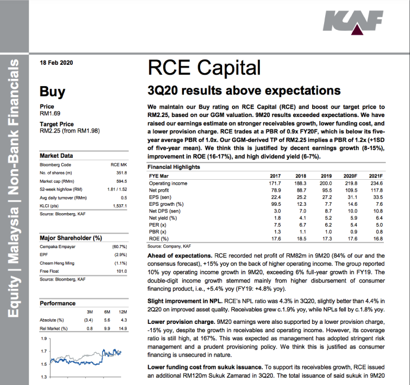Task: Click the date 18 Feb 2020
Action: [x=57, y=63]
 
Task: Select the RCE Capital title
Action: [x=204, y=68]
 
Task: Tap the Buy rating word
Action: [x=53, y=92]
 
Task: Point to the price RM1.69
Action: [x=51, y=113]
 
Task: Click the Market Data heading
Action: [x=57, y=156]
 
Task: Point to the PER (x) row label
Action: [x=158, y=225]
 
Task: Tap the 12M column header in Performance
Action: [x=124, y=311]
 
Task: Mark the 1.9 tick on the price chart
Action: [x=43, y=340]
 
